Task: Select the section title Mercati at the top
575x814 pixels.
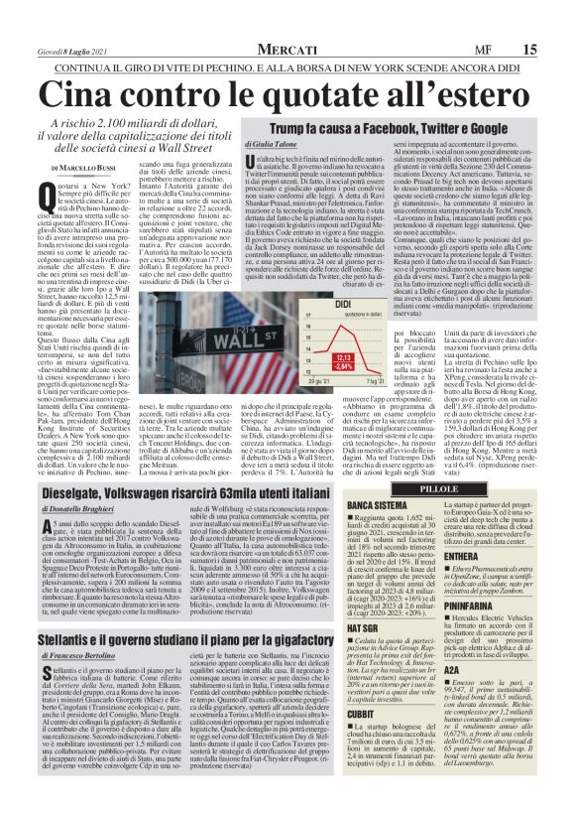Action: tap(287, 49)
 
